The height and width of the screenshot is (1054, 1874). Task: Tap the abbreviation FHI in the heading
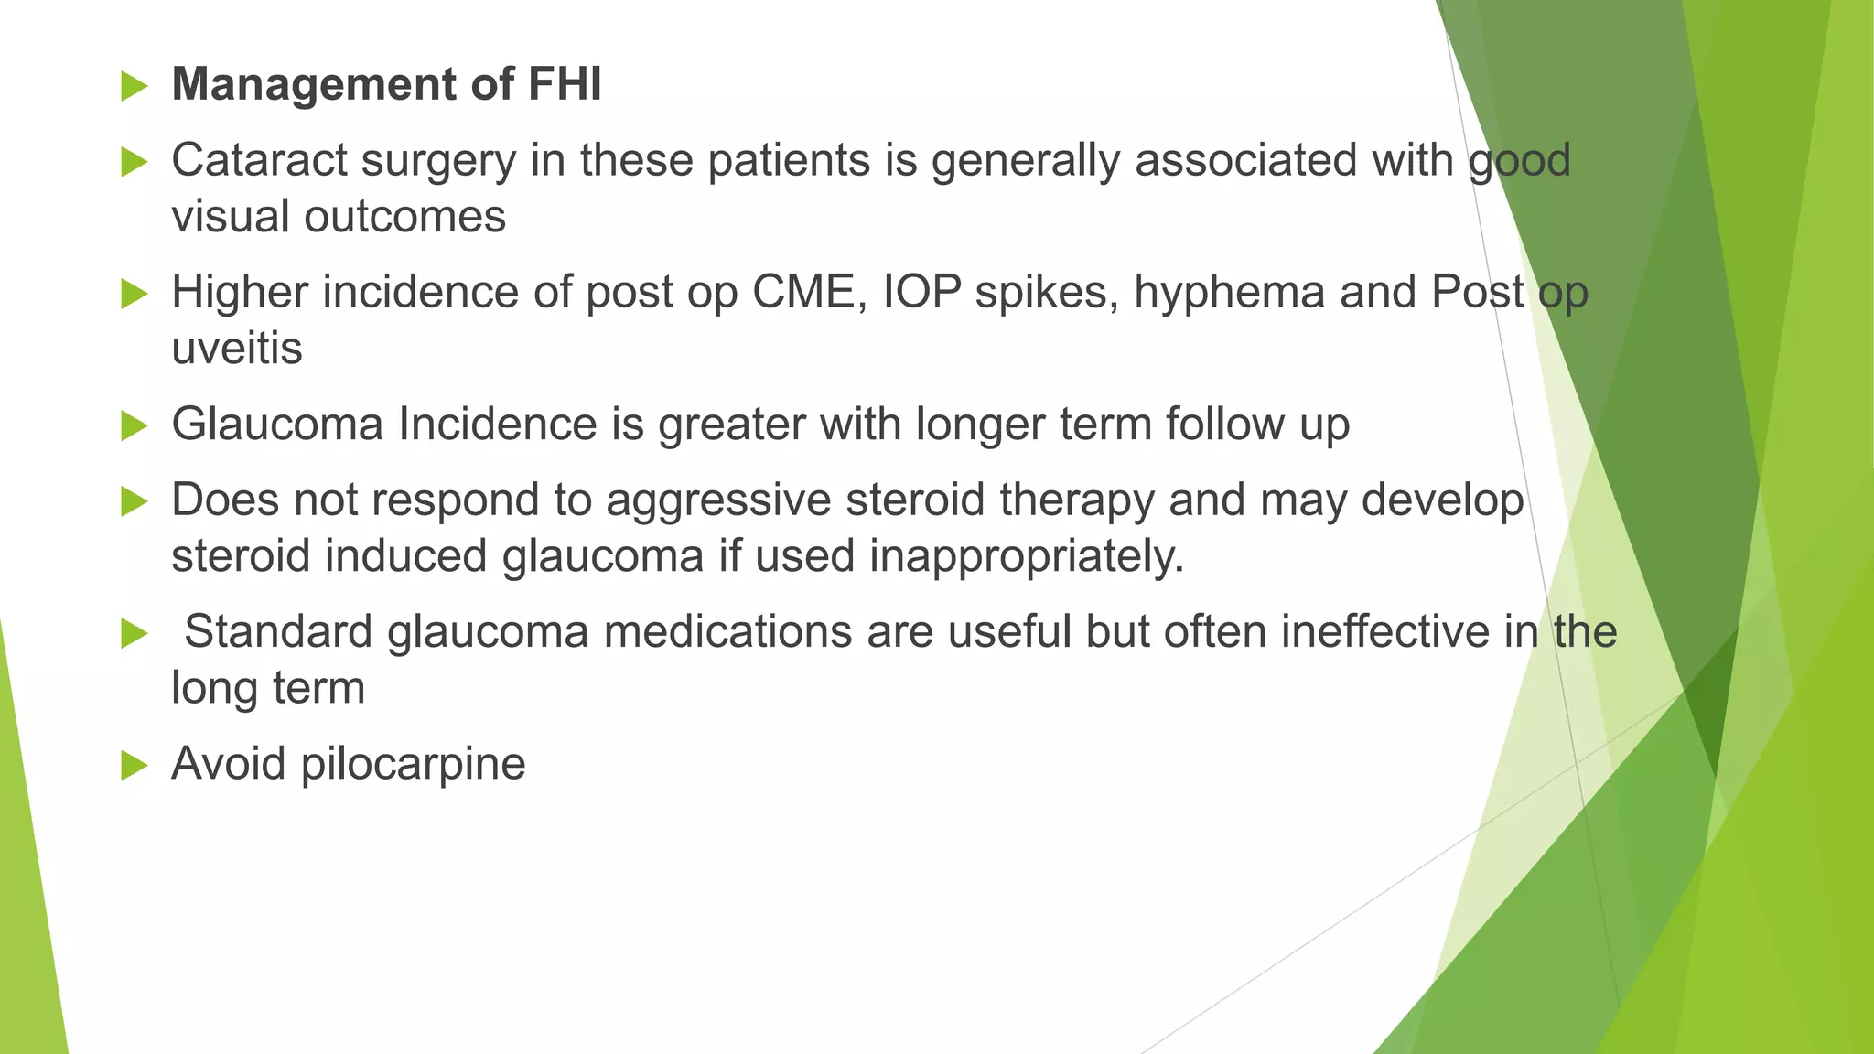(565, 84)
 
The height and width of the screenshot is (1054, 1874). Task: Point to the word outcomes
(404, 217)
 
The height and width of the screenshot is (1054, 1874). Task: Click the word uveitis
(237, 349)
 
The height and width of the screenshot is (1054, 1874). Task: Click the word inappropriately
(1026, 556)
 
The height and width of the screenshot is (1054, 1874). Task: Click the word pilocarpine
(413, 764)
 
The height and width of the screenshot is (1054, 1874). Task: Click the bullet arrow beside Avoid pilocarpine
(134, 766)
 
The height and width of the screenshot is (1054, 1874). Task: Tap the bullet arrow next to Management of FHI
(134, 87)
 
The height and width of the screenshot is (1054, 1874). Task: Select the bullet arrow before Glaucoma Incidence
(134, 426)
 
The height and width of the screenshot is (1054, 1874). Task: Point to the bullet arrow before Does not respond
(134, 502)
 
